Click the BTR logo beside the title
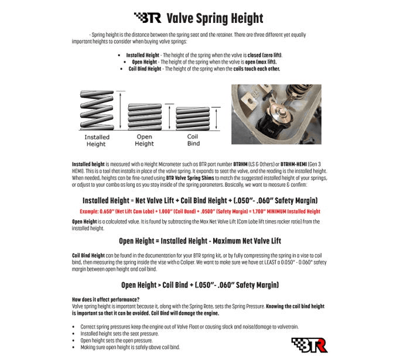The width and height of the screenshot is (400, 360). click(148, 18)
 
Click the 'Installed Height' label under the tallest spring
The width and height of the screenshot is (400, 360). click(97, 140)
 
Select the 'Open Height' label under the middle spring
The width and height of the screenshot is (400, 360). click(144, 140)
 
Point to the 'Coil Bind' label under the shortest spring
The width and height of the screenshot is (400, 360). click(193, 140)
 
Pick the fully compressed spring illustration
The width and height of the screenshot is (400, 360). click(194, 119)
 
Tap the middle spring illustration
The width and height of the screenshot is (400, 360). click(143, 115)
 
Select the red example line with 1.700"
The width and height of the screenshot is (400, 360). click(199, 211)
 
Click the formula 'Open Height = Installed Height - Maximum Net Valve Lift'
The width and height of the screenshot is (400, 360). click(199, 241)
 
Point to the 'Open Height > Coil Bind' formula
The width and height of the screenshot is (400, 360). click(199, 285)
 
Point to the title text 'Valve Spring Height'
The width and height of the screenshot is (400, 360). click(215, 18)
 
